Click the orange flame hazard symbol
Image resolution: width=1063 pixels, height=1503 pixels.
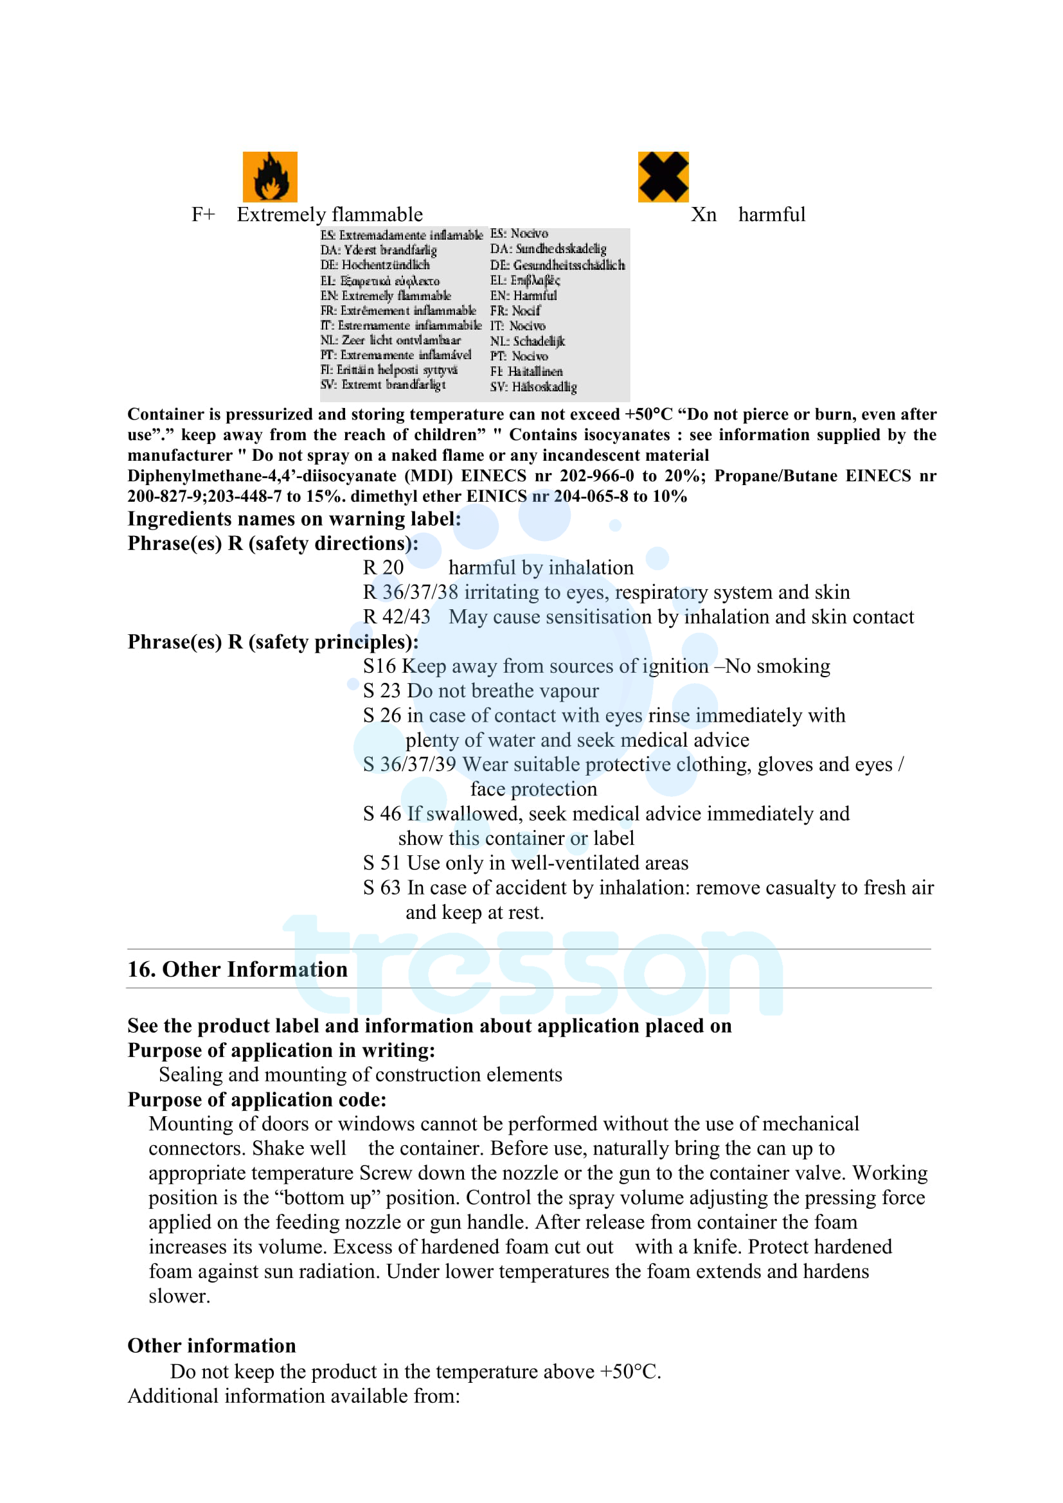tap(270, 177)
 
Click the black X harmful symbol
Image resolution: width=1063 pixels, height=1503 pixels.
tap(663, 177)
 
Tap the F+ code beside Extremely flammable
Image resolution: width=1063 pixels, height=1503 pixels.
tap(203, 215)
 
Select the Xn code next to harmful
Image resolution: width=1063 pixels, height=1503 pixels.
tap(704, 215)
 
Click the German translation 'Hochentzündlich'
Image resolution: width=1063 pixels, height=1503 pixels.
tap(386, 265)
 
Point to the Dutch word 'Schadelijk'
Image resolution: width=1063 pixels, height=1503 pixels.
tap(538, 341)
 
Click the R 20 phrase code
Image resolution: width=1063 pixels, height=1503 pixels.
tap(384, 567)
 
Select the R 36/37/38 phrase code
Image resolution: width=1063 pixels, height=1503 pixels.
tap(411, 592)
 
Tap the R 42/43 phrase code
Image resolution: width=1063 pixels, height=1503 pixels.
tap(397, 617)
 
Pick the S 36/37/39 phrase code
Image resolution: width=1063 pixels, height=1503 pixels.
tap(410, 765)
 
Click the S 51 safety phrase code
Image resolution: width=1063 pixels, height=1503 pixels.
tap(382, 863)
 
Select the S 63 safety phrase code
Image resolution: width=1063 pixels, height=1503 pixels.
tap(382, 887)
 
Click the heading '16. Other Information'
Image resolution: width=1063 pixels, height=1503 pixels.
tap(237, 970)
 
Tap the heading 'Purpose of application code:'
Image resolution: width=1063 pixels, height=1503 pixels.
tap(256, 1099)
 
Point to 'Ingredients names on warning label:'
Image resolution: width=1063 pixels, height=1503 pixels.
tap(294, 519)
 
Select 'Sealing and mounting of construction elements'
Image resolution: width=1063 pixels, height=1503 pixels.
tap(360, 1075)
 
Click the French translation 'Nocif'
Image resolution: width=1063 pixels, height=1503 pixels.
tap(526, 311)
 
